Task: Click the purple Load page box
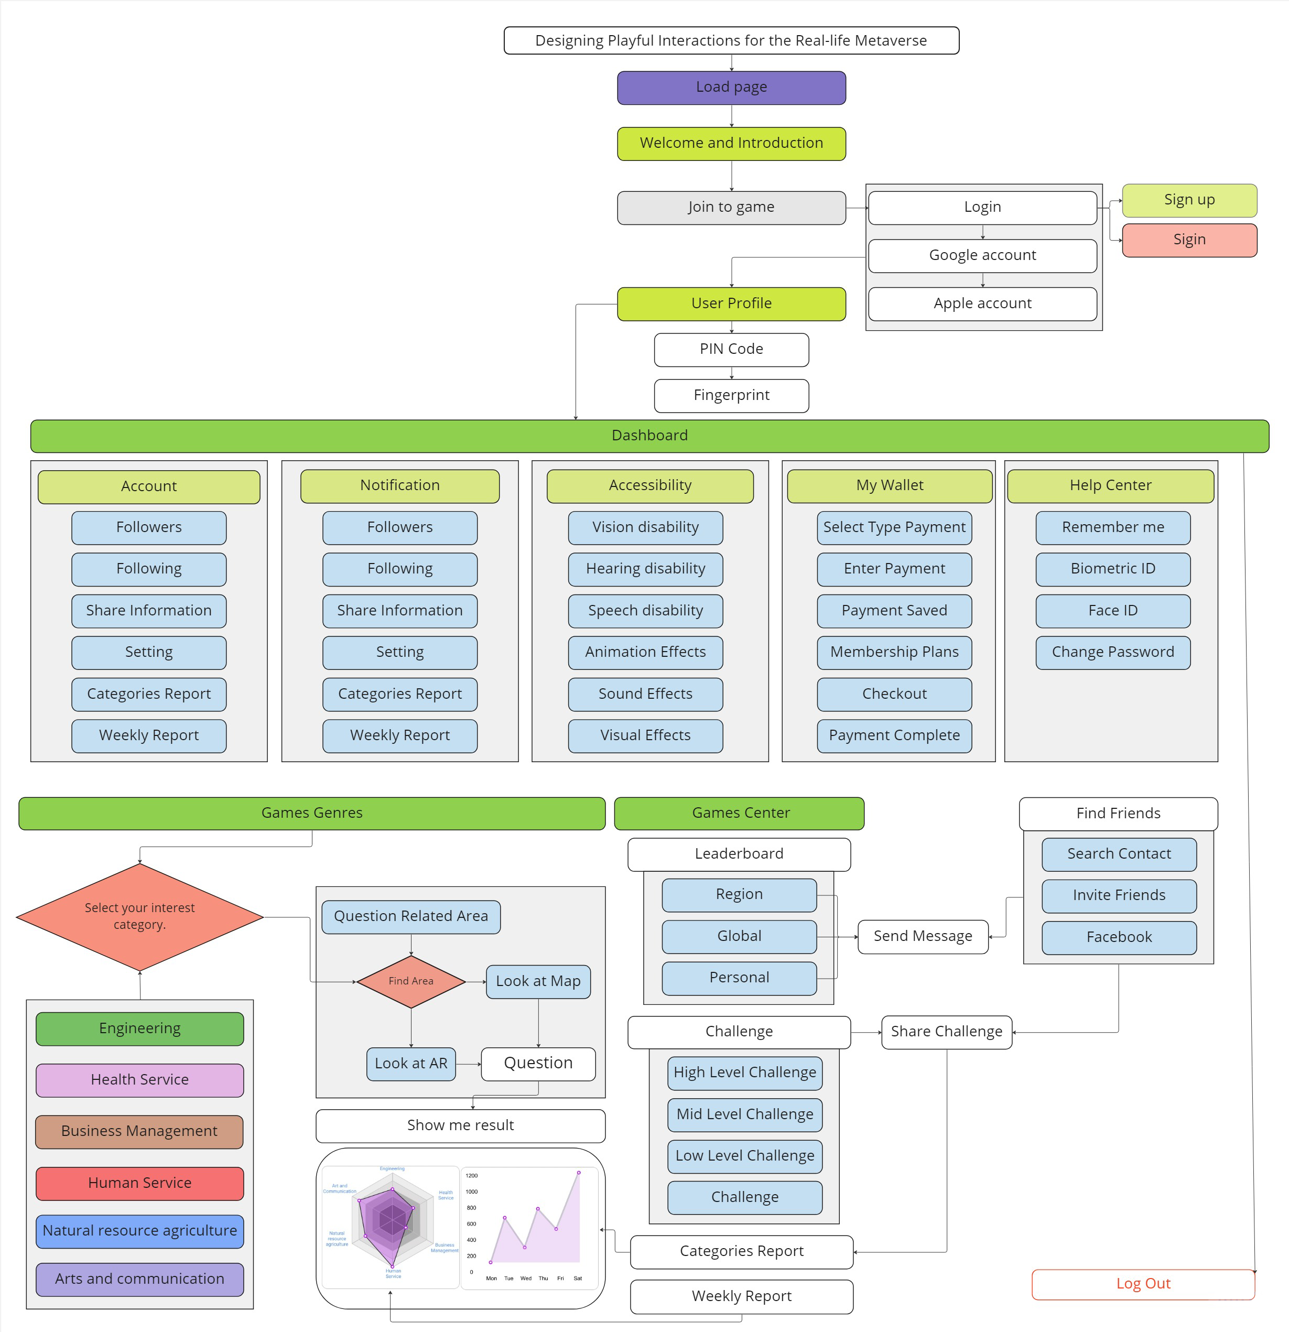(731, 88)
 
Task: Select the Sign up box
(1188, 200)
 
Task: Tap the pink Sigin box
(1188, 240)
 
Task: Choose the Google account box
(982, 255)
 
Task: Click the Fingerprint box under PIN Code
(731, 396)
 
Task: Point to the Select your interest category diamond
(139, 917)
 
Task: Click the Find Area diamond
(410, 981)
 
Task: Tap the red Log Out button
(1142, 1284)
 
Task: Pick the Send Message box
(922, 936)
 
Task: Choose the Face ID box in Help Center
(1112, 611)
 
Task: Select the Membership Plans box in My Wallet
(894, 653)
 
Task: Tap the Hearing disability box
(645, 569)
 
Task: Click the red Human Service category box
(139, 1183)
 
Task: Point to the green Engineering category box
(139, 1029)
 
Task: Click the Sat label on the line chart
(578, 1279)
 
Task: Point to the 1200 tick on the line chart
(472, 1176)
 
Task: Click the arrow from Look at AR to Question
(468, 1064)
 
